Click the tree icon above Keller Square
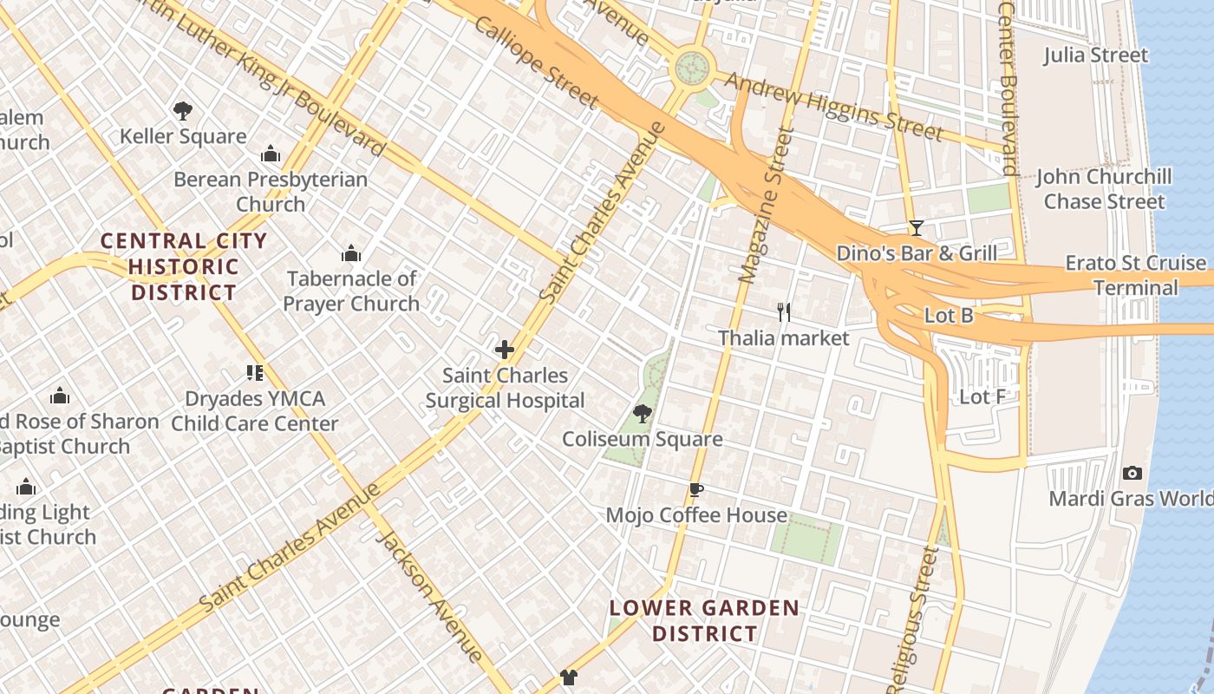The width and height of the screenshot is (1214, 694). (x=182, y=111)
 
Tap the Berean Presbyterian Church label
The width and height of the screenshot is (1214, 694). (x=271, y=192)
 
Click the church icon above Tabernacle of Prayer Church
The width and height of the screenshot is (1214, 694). (x=351, y=253)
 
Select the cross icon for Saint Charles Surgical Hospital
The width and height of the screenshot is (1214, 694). (x=504, y=350)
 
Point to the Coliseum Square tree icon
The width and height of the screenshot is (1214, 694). (x=642, y=414)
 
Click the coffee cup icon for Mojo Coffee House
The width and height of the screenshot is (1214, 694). (x=695, y=490)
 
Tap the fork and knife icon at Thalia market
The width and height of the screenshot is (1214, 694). (x=784, y=312)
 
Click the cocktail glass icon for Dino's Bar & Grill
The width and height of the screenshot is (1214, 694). (x=917, y=228)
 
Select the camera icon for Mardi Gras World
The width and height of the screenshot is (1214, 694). (x=1132, y=473)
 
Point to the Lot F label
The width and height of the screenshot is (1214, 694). (x=982, y=397)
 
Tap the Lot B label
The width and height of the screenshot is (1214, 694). (x=949, y=316)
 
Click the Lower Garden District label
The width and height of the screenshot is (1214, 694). (x=703, y=620)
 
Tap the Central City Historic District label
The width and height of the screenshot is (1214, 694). (x=184, y=266)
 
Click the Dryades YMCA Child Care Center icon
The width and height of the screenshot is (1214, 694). (x=254, y=373)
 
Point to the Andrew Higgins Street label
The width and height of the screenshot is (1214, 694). (x=832, y=107)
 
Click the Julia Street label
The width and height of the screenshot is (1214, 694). (x=1095, y=56)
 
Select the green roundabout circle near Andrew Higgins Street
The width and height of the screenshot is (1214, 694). (x=692, y=65)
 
